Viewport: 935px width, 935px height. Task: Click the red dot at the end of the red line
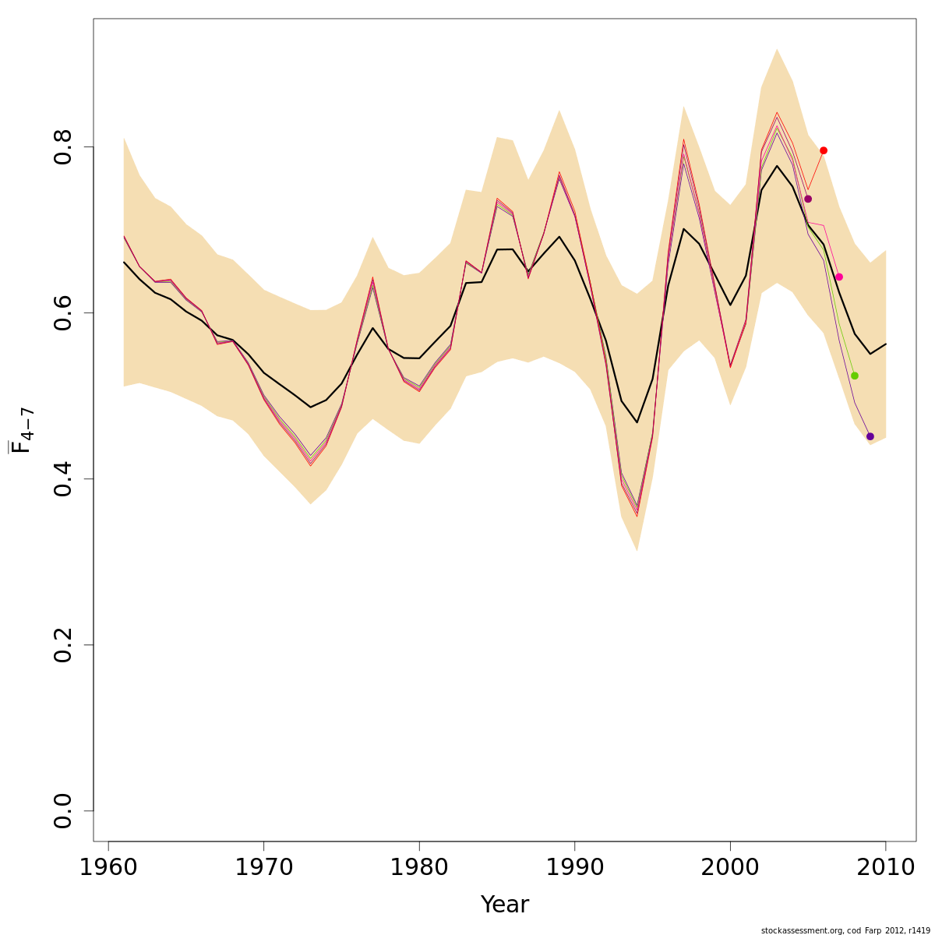click(x=824, y=150)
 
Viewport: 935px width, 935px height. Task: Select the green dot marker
click(x=855, y=376)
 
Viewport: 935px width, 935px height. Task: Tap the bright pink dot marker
click(x=839, y=277)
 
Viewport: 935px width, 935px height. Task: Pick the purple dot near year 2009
click(x=870, y=436)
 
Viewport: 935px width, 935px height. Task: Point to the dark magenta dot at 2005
click(x=808, y=199)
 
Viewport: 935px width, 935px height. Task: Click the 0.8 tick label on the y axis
click(x=63, y=146)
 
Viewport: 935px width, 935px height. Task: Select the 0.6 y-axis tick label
click(x=63, y=312)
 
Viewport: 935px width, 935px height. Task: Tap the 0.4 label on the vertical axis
click(x=63, y=478)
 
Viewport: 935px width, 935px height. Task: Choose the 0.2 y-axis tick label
click(x=63, y=644)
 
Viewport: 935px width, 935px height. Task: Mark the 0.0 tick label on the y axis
click(x=63, y=810)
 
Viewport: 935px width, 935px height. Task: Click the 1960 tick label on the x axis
click(x=108, y=866)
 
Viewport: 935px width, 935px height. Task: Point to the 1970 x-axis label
click(x=263, y=866)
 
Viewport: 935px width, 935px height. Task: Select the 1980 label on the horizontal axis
click(x=419, y=866)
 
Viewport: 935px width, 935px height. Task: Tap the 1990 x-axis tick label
click(x=574, y=866)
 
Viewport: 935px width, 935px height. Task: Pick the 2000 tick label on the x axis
click(x=730, y=866)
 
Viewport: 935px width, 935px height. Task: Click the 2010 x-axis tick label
click(x=885, y=866)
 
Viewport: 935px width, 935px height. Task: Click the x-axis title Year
click(x=505, y=905)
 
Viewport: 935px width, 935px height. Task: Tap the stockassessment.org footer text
click(x=845, y=930)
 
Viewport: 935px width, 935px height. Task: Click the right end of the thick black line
click(x=886, y=344)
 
